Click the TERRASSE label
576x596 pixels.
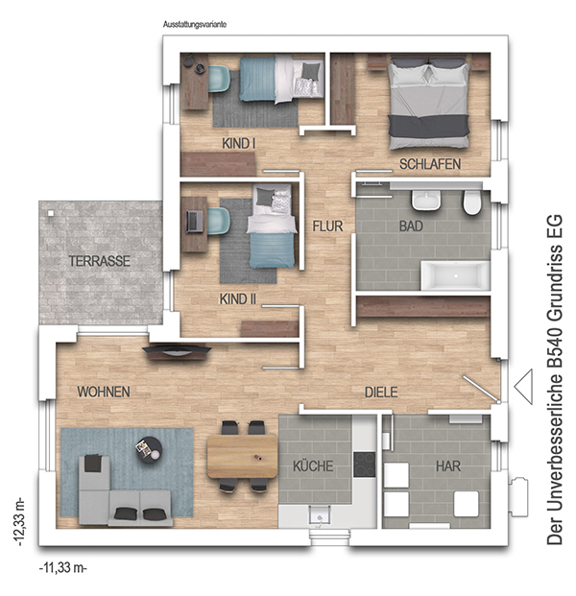[99, 261]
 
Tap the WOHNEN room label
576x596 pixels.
[104, 392]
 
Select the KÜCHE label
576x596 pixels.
[313, 465]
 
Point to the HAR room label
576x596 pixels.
[448, 466]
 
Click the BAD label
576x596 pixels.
[411, 226]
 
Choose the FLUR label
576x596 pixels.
[327, 226]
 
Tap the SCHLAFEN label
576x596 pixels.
[430, 164]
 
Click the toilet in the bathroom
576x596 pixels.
[471, 203]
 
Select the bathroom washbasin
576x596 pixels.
[426, 200]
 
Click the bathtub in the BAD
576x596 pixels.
[455, 275]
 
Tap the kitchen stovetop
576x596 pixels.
[364, 465]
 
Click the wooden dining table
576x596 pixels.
[242, 457]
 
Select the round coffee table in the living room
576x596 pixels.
[149, 450]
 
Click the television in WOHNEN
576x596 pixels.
[177, 350]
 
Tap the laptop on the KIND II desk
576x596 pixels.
[195, 222]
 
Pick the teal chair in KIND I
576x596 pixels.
[220, 79]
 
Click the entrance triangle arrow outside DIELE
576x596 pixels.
[523, 387]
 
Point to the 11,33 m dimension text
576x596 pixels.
[63, 567]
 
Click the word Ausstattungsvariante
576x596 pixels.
[195, 24]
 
